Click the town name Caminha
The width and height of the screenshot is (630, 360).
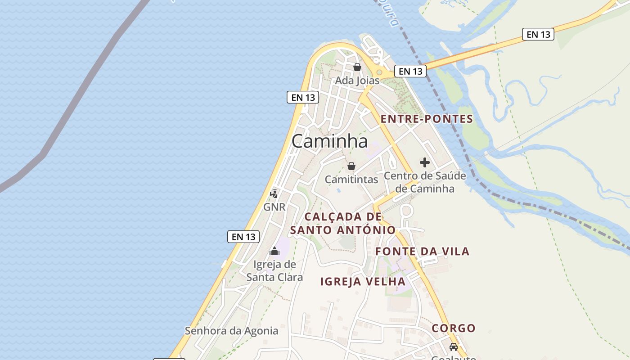point(329,141)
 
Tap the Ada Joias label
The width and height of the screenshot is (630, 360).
point(357,81)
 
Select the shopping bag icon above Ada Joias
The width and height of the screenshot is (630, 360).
point(357,67)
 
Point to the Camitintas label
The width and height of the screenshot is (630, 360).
point(351,179)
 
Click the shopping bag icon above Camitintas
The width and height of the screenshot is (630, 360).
point(351,166)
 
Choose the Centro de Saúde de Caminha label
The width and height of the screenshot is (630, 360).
point(425,182)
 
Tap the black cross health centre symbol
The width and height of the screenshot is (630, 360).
point(424,162)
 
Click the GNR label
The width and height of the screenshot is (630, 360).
point(274,207)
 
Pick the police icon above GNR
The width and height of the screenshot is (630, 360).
point(274,193)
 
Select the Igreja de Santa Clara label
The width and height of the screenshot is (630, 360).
point(274,270)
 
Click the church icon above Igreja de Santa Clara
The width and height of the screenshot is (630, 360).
point(274,251)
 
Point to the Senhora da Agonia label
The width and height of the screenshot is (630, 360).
point(232,331)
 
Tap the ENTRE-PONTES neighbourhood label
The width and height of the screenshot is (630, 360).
point(427,119)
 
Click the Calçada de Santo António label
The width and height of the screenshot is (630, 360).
point(343,223)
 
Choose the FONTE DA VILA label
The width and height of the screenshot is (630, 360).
point(422,251)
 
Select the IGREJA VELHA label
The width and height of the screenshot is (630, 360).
point(363,282)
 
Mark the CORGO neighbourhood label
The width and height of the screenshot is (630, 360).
point(454,328)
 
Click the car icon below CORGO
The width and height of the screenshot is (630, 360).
point(454,347)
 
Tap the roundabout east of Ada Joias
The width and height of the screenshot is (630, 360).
point(379,72)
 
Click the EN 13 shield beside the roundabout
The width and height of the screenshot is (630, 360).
point(410,71)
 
